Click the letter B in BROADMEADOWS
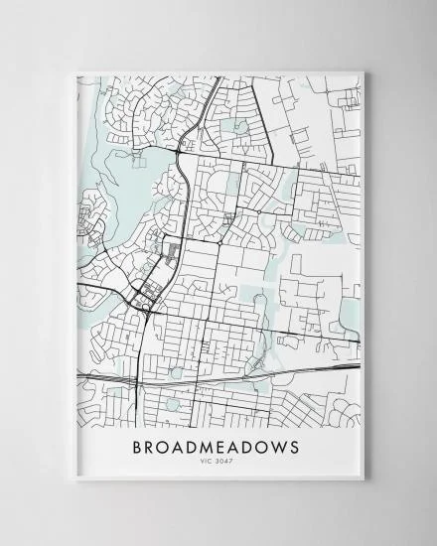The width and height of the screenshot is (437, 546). (138, 447)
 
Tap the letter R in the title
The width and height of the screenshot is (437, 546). (153, 447)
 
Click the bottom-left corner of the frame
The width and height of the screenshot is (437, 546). (72, 480)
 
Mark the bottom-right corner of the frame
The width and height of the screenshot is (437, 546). (365, 480)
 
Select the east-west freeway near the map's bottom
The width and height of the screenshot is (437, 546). (218, 375)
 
